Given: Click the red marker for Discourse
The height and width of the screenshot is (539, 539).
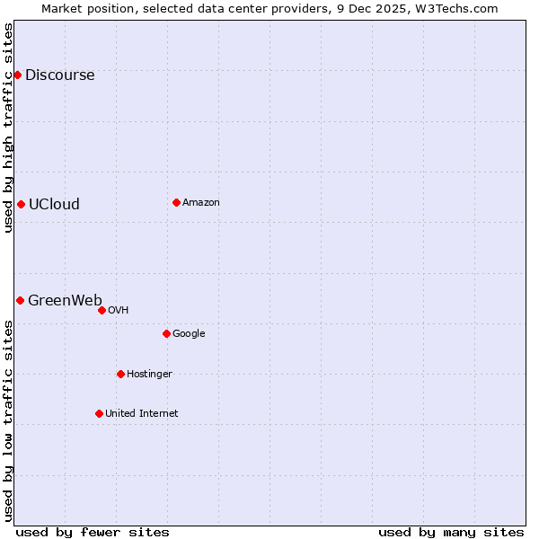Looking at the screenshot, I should [x=17, y=75].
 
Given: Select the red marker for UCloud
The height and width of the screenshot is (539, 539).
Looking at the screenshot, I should [x=21, y=204].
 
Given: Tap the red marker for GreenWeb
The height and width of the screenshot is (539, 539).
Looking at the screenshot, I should [x=20, y=300].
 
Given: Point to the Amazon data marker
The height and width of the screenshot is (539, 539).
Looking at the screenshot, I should [x=176, y=202].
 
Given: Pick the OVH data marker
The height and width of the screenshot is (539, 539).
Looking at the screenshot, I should [x=102, y=310].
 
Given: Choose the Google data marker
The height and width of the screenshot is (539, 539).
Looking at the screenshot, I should [x=166, y=333].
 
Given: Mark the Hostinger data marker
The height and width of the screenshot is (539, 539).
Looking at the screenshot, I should [x=120, y=374].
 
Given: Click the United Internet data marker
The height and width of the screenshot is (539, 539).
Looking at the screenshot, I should [x=99, y=413].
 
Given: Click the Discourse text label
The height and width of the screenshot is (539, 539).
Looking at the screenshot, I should [x=59, y=75].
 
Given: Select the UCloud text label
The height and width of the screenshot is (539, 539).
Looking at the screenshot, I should [x=54, y=205].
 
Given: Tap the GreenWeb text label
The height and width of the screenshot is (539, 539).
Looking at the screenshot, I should [x=65, y=301].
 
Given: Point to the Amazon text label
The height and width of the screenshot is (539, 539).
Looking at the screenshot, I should [x=201, y=203].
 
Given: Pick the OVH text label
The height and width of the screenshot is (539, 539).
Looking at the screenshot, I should [x=119, y=311].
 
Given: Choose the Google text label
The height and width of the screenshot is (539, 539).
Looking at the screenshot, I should [x=189, y=334].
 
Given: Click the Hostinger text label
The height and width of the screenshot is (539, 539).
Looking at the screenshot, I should [x=149, y=375].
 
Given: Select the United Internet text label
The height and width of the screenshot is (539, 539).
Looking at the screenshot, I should [x=142, y=414].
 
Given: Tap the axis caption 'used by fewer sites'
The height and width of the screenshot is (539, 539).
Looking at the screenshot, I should [x=93, y=532].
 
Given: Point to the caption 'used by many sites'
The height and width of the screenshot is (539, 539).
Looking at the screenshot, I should [x=451, y=532].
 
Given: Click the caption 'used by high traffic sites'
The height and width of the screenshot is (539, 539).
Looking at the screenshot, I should [x=8, y=128].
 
